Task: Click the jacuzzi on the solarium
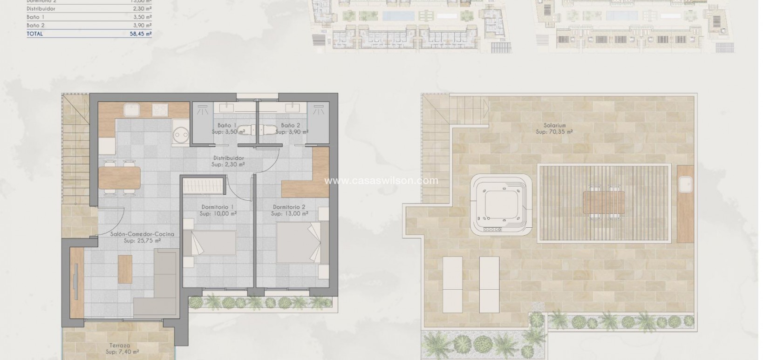501,204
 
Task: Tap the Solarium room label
554,125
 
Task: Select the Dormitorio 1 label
218,207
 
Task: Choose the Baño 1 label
227,125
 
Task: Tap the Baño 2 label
290,125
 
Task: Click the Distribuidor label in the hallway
228,158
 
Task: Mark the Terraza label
120,346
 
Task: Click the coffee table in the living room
125,269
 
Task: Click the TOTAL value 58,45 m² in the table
141,34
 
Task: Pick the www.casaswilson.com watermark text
381,180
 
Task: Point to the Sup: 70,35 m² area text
554,132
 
